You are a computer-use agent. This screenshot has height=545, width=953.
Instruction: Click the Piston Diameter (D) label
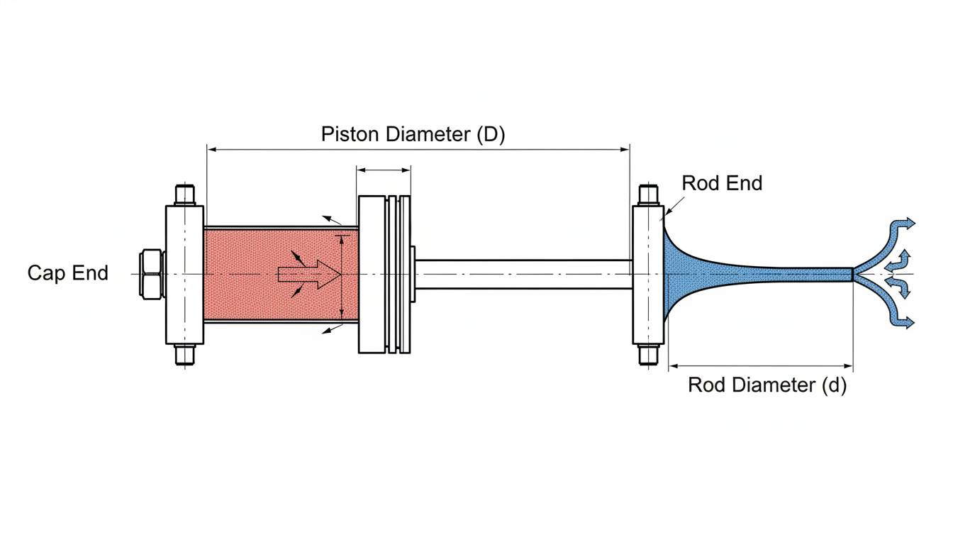pyautogui.click(x=413, y=134)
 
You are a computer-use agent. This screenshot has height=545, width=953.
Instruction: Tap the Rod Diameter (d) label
pyautogui.click(x=767, y=385)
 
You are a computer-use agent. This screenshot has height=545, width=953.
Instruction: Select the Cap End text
pyautogui.click(x=68, y=272)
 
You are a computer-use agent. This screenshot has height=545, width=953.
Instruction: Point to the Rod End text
pyautogui.click(x=722, y=183)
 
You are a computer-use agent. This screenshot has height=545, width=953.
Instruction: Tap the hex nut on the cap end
pyautogui.click(x=152, y=273)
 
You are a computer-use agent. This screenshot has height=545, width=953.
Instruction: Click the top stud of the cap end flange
pyautogui.click(x=184, y=194)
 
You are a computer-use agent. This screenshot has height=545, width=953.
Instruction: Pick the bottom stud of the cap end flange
pyautogui.click(x=184, y=354)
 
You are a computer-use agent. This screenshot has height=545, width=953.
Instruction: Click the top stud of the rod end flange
pyautogui.click(x=648, y=194)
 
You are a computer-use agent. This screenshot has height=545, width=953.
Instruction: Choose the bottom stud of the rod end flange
pyautogui.click(x=648, y=353)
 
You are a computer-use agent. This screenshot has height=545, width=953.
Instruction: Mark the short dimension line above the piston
pyautogui.click(x=384, y=170)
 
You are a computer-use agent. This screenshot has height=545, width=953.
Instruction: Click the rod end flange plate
pyautogui.click(x=648, y=274)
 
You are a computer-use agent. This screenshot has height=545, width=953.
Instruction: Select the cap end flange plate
pyautogui.click(x=184, y=274)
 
